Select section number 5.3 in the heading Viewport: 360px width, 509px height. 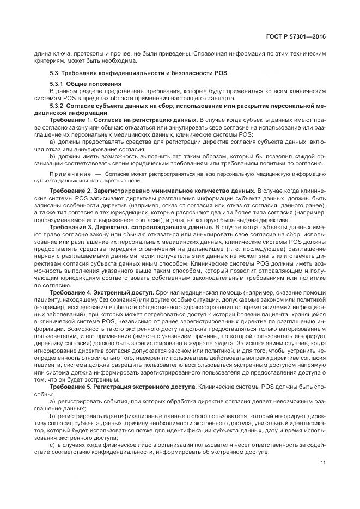coord(54,72)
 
